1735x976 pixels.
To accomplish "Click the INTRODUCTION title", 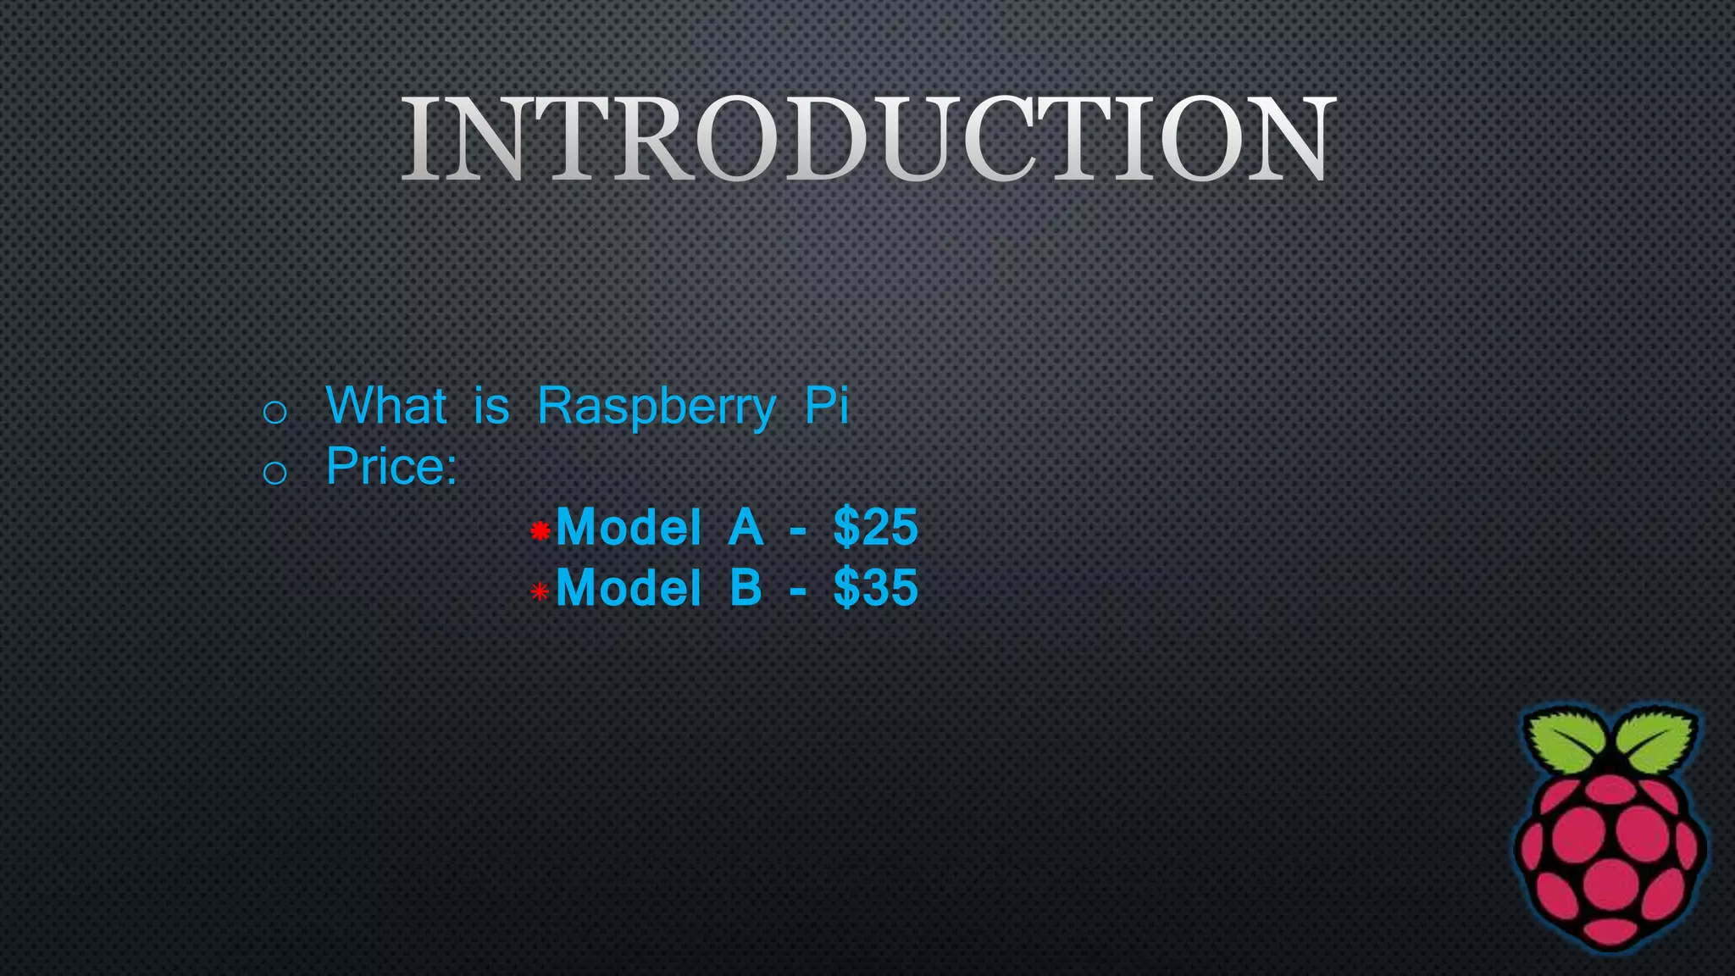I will pyautogui.click(x=867, y=139).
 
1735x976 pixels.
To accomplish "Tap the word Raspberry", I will pyautogui.click(x=656, y=407).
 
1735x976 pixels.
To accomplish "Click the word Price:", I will pyautogui.click(x=391, y=466).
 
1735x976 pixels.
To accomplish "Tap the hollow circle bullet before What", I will pyautogui.click(x=274, y=413).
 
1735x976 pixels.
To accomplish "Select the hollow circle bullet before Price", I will pyautogui.click(x=274, y=473).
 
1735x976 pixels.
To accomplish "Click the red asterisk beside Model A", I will pyautogui.click(x=540, y=531).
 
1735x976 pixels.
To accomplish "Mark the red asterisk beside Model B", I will pyautogui.click(x=540, y=591).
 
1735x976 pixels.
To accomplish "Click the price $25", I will pyautogui.click(x=875, y=527).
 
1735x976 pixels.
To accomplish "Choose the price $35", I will pyautogui.click(x=875, y=587).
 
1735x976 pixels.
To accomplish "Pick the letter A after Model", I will pyautogui.click(x=746, y=527).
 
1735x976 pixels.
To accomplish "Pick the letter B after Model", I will pyautogui.click(x=746, y=587).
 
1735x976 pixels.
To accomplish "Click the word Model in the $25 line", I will pyautogui.click(x=628, y=527).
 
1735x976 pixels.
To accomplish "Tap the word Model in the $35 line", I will pyautogui.click(x=628, y=587).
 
